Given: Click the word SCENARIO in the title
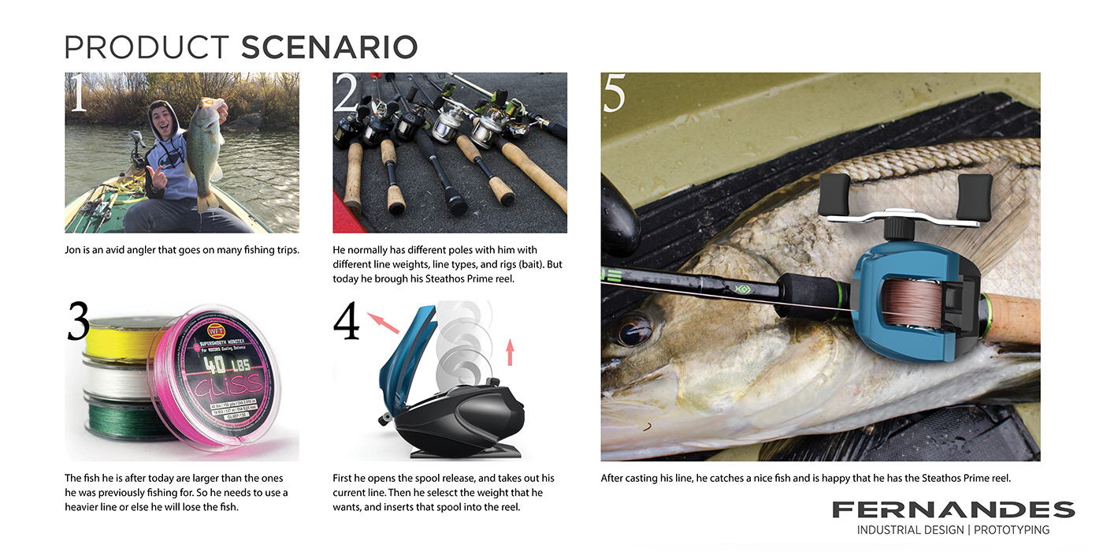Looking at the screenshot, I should click(x=329, y=47).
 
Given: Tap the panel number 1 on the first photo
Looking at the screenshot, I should click(x=77, y=95).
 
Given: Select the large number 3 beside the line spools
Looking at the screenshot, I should click(x=78, y=322).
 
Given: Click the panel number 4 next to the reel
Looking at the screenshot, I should click(x=347, y=323).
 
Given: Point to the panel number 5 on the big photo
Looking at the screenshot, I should click(x=615, y=95).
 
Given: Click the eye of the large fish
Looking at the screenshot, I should click(x=634, y=329).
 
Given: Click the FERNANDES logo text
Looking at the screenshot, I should click(x=953, y=509).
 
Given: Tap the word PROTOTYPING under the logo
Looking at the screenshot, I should click(x=1012, y=530).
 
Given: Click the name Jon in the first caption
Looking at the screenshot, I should click(x=73, y=251).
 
